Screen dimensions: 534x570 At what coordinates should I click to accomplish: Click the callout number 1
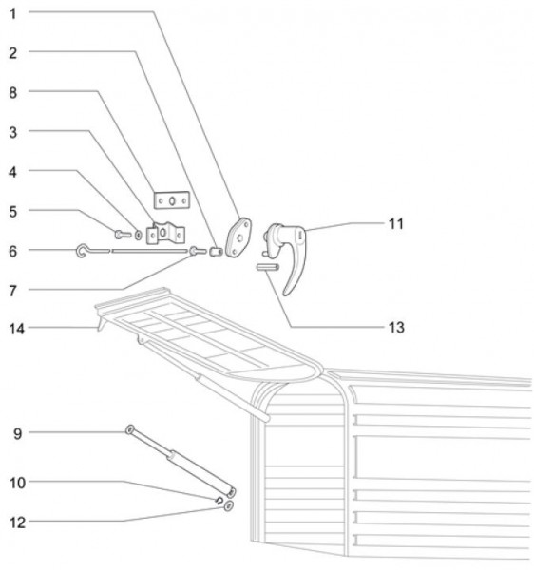coord(13,14)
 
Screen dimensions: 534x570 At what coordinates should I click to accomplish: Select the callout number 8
coord(13,93)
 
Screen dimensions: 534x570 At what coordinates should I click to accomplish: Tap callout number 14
coord(16,329)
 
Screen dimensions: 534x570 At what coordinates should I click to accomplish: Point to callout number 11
coord(396,223)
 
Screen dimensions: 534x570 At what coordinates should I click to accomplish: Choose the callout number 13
coord(396,328)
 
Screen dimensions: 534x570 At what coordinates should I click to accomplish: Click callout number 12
coord(17,522)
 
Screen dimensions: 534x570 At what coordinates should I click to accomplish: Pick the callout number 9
coord(17,433)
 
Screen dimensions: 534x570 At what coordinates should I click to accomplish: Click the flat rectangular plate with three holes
coord(172,200)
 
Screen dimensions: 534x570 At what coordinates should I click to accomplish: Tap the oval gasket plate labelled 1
coord(238,237)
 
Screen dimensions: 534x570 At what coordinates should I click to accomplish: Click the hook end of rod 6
coord(81,251)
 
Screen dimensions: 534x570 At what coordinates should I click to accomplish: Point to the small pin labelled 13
coord(268,267)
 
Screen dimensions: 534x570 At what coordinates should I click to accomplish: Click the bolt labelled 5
coord(123,235)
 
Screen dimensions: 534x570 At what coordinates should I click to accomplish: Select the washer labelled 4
coord(139,236)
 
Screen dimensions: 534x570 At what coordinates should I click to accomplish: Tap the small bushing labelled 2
coord(216,251)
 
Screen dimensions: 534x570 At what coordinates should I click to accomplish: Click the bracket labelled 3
coord(165,234)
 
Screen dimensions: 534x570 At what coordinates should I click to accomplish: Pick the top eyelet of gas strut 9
coord(130,429)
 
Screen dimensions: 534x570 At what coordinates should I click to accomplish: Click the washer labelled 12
coord(229,505)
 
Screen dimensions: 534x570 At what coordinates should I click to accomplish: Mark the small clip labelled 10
coord(219,501)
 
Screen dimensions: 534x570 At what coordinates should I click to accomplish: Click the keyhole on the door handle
coord(300,235)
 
